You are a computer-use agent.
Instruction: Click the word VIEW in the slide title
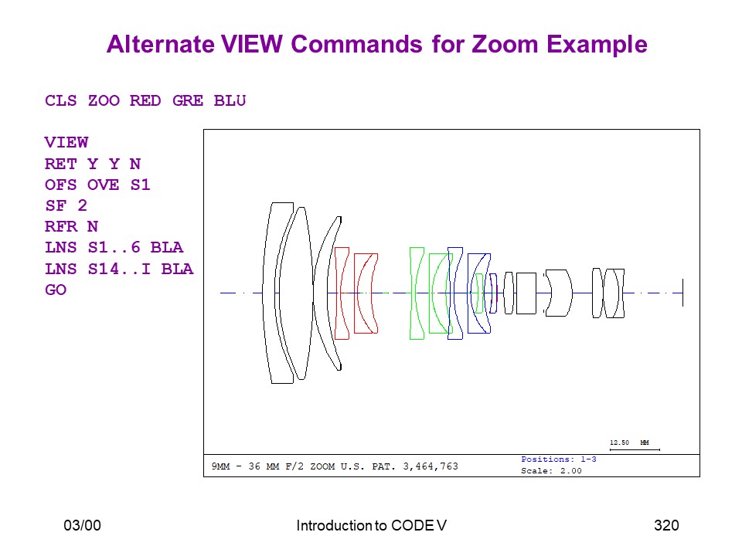click(252, 44)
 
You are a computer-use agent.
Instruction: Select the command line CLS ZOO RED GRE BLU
click(145, 100)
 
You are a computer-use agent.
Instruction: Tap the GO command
click(56, 290)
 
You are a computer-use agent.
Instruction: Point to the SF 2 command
click(66, 205)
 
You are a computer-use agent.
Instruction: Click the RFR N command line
click(71, 226)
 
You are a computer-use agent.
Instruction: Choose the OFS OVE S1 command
click(97, 185)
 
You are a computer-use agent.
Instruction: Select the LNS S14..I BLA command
click(119, 269)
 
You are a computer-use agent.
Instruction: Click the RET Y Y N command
click(93, 164)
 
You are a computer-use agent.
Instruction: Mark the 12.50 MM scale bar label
click(629, 442)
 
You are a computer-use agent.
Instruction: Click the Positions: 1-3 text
click(558, 459)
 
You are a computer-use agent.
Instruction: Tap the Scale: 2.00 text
click(551, 471)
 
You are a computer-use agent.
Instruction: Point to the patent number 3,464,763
click(431, 466)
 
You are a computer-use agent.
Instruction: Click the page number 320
click(666, 525)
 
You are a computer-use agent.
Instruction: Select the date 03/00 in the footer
click(83, 525)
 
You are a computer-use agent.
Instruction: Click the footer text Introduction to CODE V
click(372, 525)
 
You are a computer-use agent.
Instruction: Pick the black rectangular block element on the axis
click(526, 293)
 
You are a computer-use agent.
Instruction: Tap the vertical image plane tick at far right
click(682, 293)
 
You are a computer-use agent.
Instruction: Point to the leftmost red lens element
click(342, 293)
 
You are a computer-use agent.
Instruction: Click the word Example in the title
click(597, 44)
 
